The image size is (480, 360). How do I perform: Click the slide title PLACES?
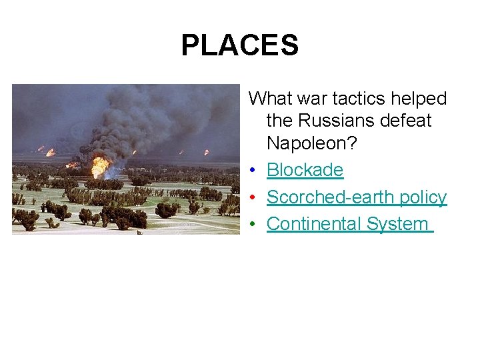(x=239, y=45)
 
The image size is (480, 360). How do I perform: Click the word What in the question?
(x=269, y=99)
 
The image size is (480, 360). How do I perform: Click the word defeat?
(x=407, y=121)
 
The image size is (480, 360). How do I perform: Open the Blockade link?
(x=305, y=170)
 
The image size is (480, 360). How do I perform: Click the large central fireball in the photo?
(x=100, y=165)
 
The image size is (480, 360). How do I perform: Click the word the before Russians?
(x=280, y=121)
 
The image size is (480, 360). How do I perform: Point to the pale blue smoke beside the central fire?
(x=115, y=171)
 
